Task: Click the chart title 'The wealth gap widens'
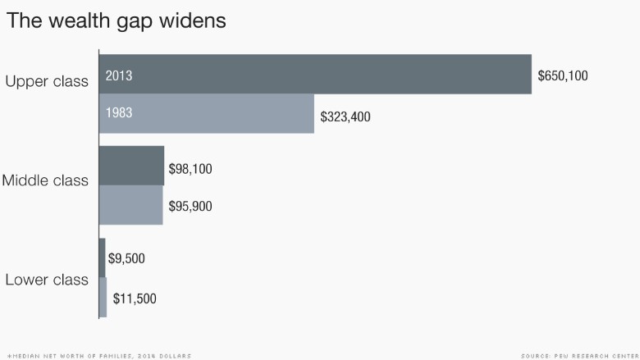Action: pos(117,21)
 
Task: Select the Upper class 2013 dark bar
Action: pos(315,74)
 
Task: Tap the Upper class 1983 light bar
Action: pos(207,114)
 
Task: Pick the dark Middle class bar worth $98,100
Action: pos(131,166)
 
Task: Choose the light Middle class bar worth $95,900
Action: pos(131,205)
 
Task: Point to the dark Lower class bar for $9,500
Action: pos(102,258)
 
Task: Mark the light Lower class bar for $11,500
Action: pos(103,297)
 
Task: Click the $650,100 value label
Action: pos(563,75)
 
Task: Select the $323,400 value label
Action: pos(345,117)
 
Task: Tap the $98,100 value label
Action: pos(190,169)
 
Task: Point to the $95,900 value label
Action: pos(190,207)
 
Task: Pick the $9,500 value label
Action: pos(126,258)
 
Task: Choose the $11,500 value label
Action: pos(135,298)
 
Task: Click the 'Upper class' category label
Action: pos(47,81)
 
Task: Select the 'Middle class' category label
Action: pos(45,180)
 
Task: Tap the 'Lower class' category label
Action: pos(47,280)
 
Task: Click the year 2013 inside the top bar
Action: pos(119,75)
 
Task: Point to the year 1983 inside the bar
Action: pos(119,112)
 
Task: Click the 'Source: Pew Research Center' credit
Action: pos(580,357)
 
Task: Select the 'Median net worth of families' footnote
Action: pos(99,357)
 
